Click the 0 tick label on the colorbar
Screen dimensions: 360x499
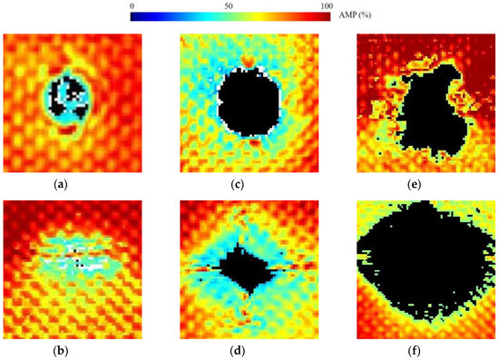(x=132, y=5)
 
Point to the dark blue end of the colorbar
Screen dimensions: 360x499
(x=136, y=16)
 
